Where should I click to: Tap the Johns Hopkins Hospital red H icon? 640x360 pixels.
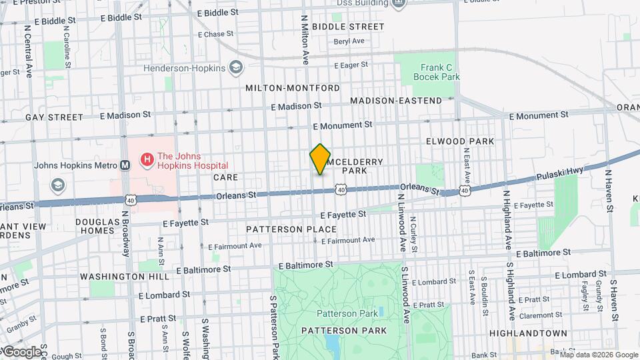(145, 160)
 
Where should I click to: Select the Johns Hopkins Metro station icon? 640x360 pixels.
(124, 165)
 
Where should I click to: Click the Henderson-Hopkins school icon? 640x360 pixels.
(236, 67)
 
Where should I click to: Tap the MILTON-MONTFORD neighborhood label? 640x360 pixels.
(293, 88)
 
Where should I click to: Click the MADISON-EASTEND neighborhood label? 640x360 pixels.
(395, 101)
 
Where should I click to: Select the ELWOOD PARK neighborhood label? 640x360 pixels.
(460, 141)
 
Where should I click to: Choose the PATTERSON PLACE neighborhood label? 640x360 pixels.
(291, 229)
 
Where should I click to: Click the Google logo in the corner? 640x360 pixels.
(21, 351)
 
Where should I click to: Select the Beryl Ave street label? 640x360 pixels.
(349, 41)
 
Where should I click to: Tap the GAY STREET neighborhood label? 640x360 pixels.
(54, 117)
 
